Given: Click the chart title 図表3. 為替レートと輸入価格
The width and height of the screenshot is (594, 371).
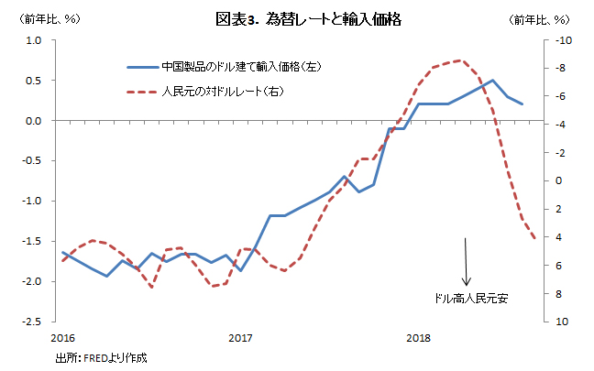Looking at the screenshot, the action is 308,19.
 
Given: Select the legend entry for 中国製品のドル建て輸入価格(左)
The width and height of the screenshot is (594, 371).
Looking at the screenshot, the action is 225,67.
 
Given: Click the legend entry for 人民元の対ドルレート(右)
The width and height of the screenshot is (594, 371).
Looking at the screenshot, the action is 205,92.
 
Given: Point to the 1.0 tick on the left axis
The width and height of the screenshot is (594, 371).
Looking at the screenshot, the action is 34,40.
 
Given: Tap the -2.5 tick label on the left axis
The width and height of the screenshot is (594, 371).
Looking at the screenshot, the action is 32,322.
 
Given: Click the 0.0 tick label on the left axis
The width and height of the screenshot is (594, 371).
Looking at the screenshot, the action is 34,121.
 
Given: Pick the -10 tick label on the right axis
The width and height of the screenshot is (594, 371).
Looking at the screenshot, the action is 564,40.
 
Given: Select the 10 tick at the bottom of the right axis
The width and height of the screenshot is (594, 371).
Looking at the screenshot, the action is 562,322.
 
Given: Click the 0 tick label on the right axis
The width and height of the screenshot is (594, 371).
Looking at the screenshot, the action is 559,180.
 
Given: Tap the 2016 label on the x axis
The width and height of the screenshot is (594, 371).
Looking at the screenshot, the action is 63,338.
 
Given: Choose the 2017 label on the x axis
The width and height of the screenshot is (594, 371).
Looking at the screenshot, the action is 240,338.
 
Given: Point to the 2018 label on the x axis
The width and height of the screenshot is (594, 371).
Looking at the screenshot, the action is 419,338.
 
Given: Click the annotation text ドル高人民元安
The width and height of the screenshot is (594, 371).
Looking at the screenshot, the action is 471,299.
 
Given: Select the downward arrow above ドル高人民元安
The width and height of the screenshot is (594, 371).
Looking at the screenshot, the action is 466,262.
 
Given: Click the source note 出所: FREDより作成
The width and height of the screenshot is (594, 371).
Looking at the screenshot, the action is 101,358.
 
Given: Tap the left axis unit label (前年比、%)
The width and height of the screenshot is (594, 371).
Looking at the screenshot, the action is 49,19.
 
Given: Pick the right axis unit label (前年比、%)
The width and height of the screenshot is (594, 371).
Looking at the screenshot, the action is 539,19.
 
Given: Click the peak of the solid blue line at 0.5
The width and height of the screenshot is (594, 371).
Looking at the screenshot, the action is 492,80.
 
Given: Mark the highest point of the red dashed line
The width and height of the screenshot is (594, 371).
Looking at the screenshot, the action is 460,60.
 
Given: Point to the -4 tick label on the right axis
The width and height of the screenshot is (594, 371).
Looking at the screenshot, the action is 560,125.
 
